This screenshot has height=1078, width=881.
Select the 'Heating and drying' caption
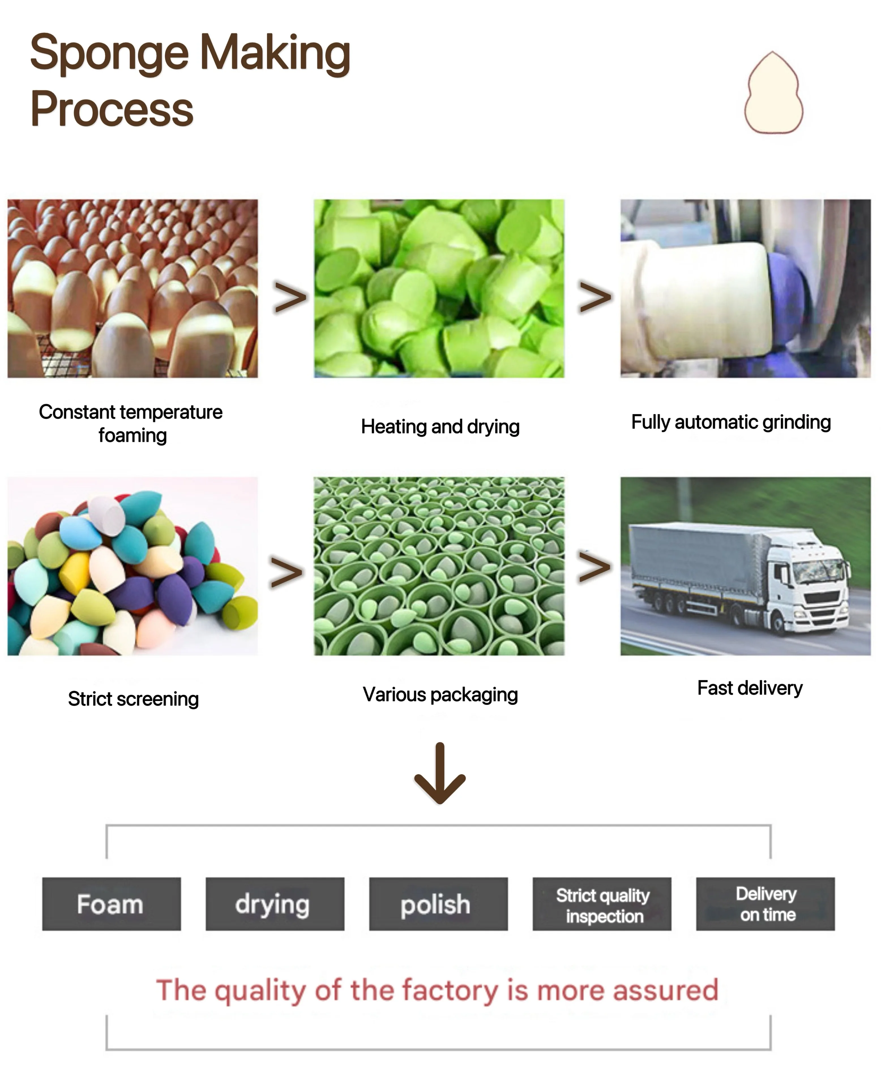[440, 427]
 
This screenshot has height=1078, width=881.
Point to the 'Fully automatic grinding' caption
[731, 422]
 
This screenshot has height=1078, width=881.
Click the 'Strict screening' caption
[133, 699]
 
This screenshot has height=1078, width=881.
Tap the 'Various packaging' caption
[440, 694]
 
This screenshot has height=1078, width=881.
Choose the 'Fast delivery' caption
[750, 688]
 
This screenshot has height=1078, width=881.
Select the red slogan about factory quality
[437, 990]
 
